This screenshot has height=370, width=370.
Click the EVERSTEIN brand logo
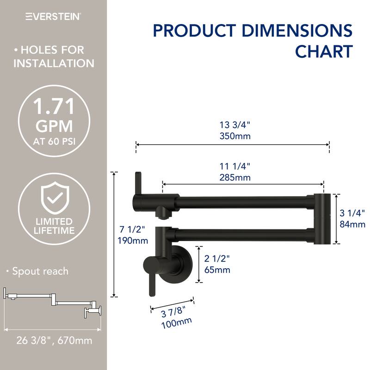53,16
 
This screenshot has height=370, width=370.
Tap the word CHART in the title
324,51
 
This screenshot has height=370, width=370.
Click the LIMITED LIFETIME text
54,226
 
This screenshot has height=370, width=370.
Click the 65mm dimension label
217,270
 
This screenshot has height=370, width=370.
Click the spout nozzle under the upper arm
162,213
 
